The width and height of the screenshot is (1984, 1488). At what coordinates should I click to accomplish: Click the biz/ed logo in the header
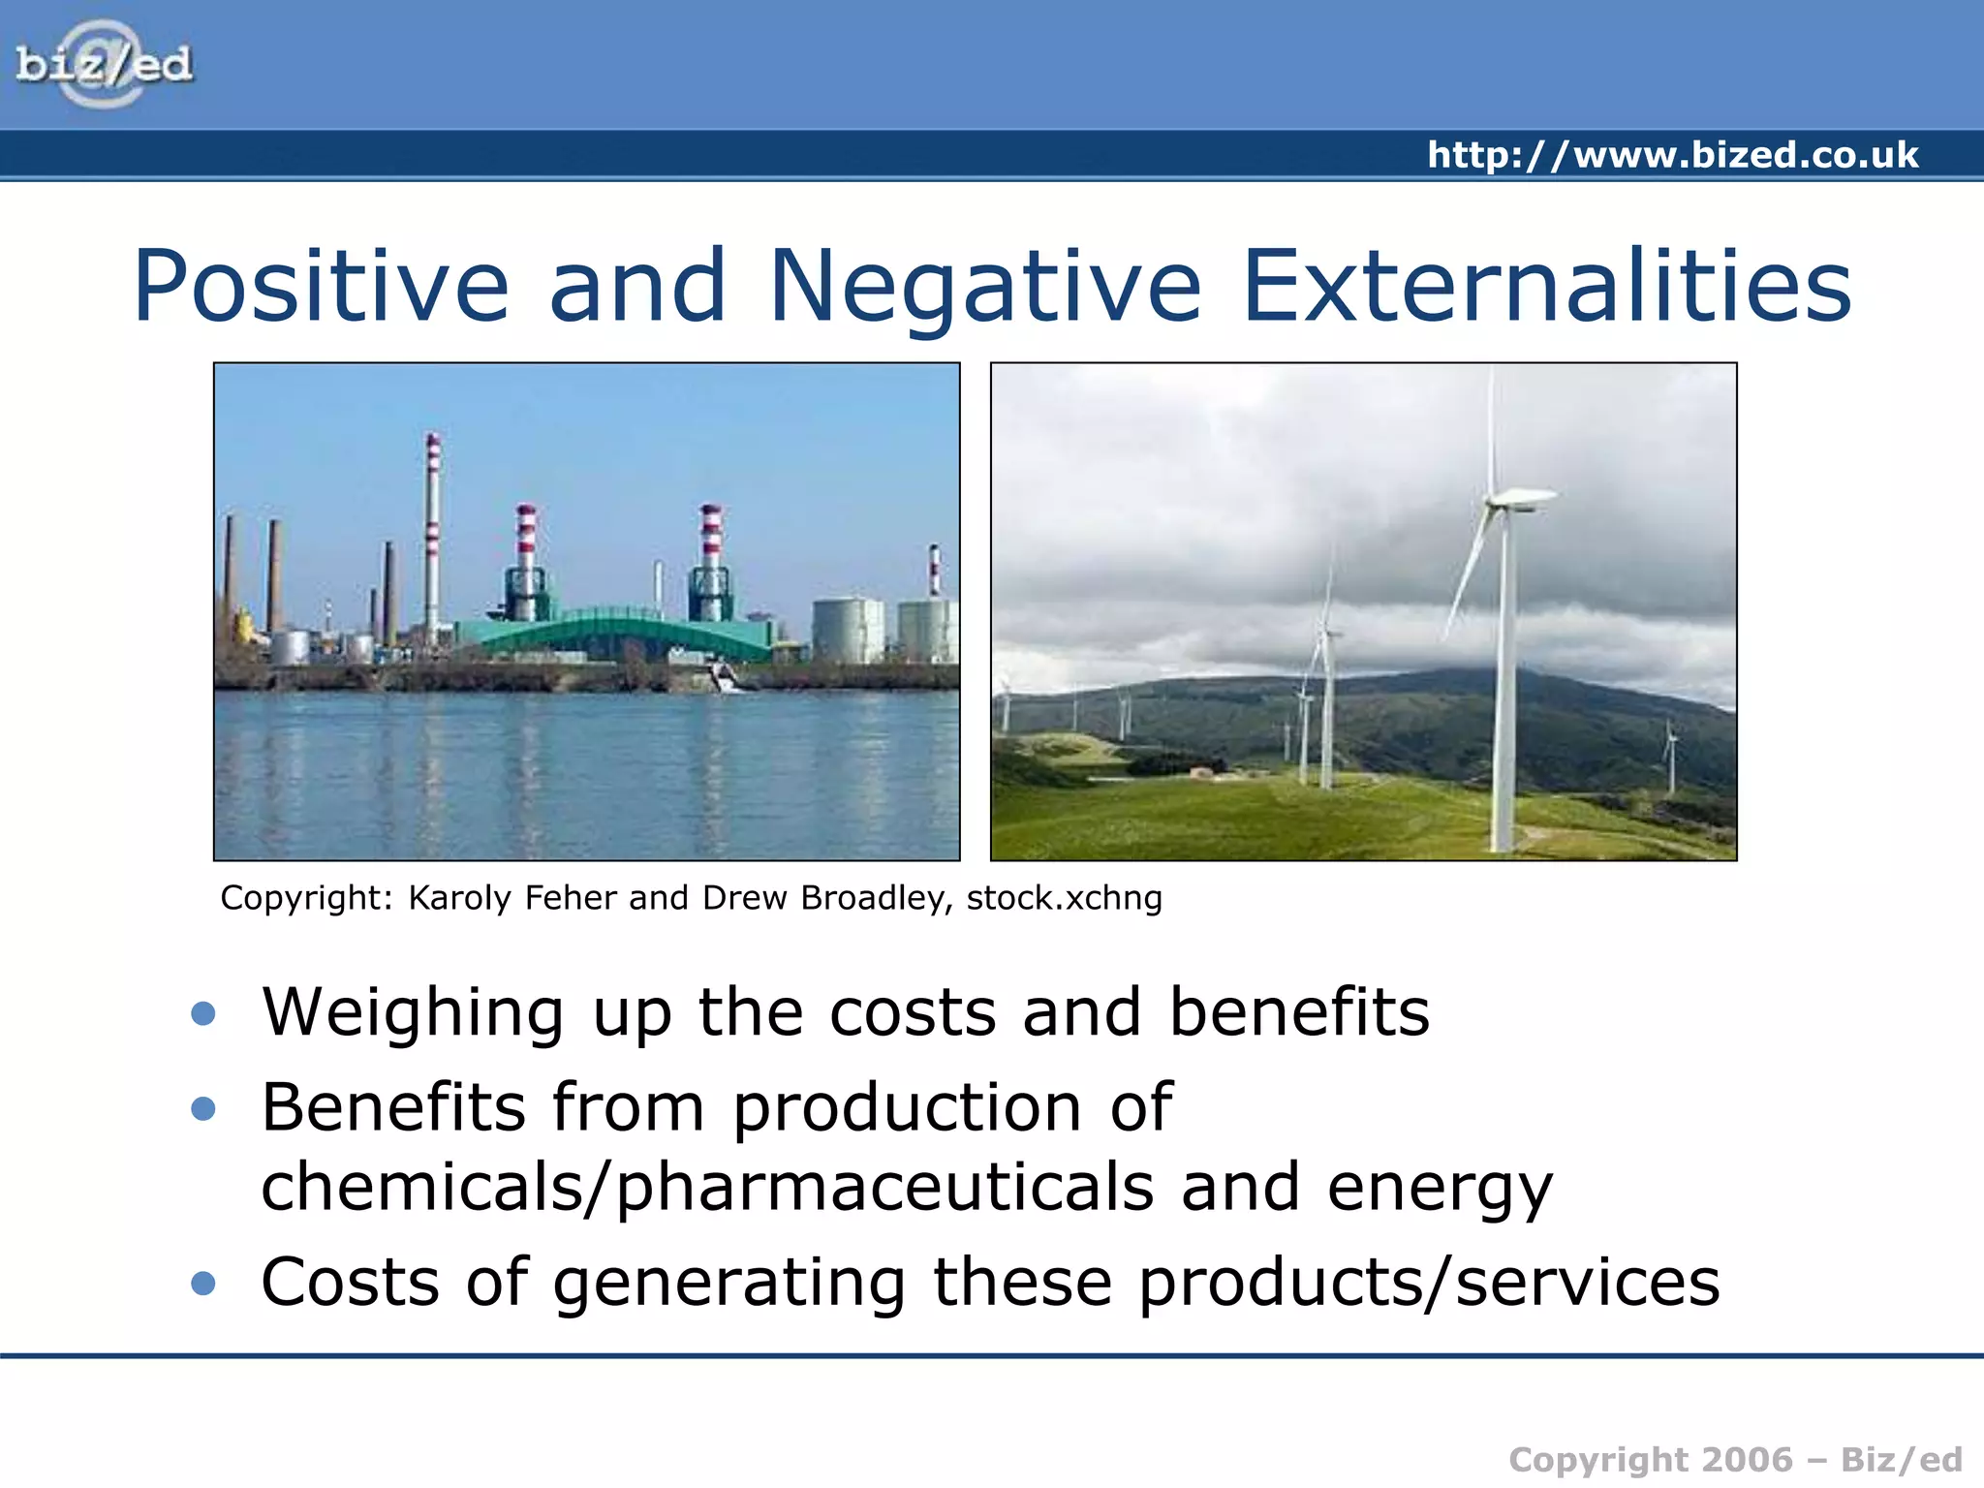tap(105, 64)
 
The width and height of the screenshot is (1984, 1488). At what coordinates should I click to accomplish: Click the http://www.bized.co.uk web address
tap(1672, 155)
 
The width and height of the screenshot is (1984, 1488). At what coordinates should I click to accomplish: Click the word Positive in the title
tap(321, 286)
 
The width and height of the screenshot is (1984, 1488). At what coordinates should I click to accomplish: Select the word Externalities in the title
tap(1546, 286)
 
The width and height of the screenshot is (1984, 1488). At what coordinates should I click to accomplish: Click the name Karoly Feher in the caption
tap(512, 898)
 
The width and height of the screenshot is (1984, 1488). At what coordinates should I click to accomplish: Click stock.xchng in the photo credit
tap(1064, 898)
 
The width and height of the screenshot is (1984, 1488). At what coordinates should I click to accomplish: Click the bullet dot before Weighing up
tap(203, 1013)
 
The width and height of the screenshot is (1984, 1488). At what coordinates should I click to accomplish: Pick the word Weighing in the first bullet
tap(413, 1013)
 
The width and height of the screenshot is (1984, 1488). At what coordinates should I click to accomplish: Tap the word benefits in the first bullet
tap(1298, 1011)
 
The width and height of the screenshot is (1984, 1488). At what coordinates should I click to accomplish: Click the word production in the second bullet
tap(907, 1107)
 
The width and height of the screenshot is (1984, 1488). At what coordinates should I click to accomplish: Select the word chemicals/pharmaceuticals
tap(707, 1188)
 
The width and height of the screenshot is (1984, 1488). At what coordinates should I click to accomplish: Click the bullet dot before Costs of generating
tap(203, 1283)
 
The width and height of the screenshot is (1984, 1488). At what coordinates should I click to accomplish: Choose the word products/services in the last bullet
tap(1428, 1283)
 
